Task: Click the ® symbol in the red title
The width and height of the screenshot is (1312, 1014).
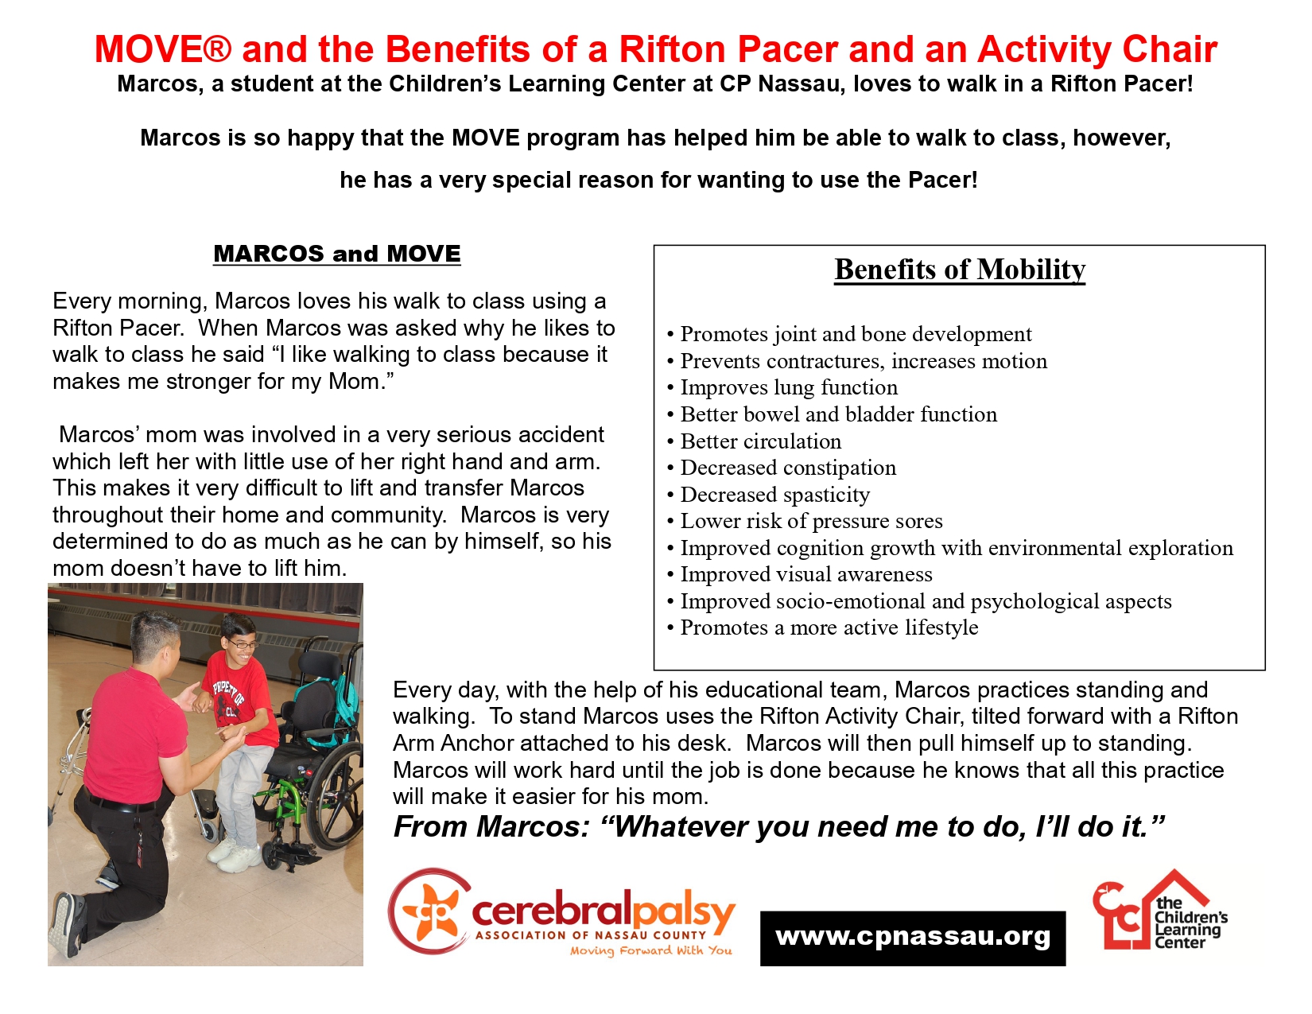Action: [x=216, y=49]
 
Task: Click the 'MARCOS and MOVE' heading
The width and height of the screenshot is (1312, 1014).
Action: [x=336, y=254]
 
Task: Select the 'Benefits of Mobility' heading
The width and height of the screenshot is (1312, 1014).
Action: [x=959, y=270]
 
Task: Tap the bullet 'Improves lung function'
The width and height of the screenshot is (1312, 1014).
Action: [x=788, y=387]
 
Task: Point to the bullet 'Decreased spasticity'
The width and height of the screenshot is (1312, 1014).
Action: [x=774, y=495]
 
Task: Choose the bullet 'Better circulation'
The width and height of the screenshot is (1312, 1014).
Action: [x=760, y=441]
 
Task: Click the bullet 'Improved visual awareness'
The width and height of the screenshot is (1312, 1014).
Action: [x=805, y=574]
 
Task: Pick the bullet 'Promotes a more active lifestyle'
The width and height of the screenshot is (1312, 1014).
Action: [x=829, y=627]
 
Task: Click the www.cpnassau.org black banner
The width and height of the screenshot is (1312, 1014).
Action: [x=912, y=938]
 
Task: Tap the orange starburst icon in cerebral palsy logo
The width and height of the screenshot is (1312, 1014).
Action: [x=430, y=911]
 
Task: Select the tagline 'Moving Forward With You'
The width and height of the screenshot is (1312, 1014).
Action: [x=650, y=950]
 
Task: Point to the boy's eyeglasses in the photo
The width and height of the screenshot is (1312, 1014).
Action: [x=243, y=643]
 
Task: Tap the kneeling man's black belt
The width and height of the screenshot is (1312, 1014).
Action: [x=119, y=802]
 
